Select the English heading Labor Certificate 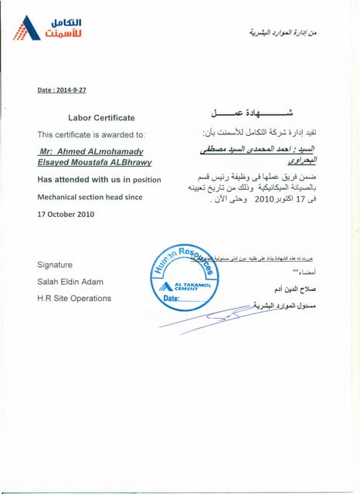pyautogui.click(x=101, y=118)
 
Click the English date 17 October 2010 pyautogui.click(x=66, y=214)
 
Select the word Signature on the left pyautogui.click(x=55, y=264)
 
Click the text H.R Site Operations pyautogui.click(x=74, y=298)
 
